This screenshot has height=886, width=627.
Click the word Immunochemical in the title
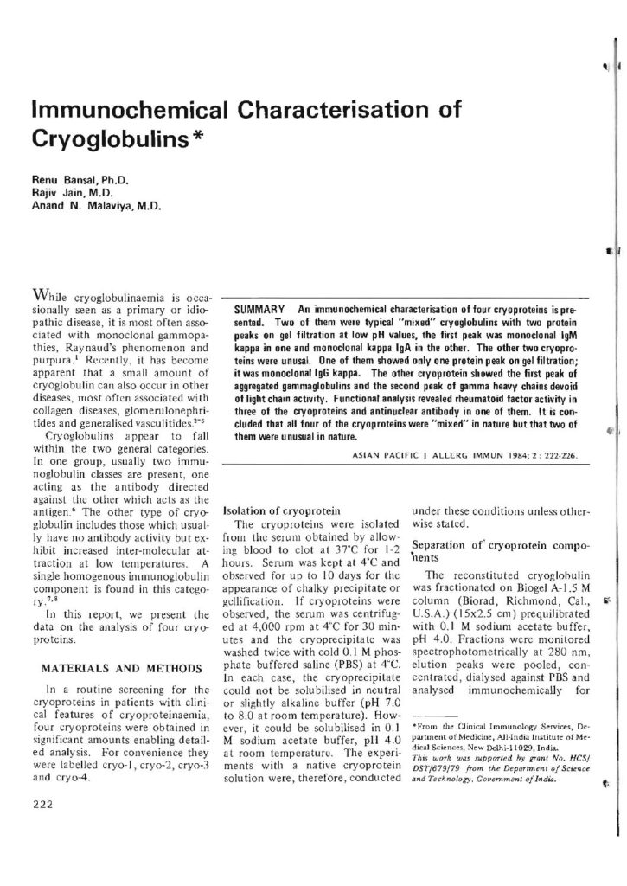[x=120, y=112]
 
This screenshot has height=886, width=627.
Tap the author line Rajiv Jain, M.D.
[x=66, y=194]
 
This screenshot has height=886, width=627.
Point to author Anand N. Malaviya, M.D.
[x=89, y=207]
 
